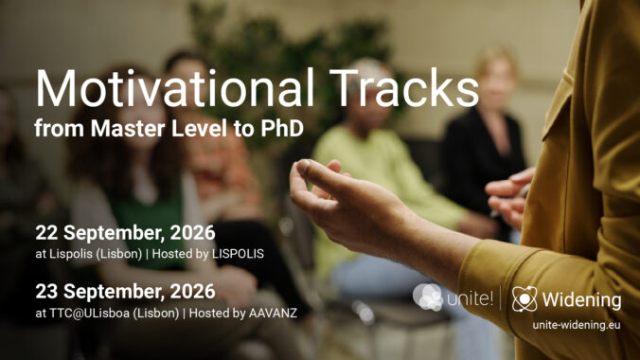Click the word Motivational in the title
click(175, 88)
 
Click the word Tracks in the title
click(404, 88)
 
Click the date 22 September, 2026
click(125, 233)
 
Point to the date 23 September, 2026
click(125, 292)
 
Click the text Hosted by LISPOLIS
click(207, 254)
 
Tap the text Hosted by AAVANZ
click(243, 313)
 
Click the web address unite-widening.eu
click(577, 325)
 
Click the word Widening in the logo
click(581, 300)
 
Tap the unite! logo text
click(471, 298)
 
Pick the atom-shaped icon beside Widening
click(524, 299)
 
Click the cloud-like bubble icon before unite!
click(427, 297)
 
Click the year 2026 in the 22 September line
click(192, 233)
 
